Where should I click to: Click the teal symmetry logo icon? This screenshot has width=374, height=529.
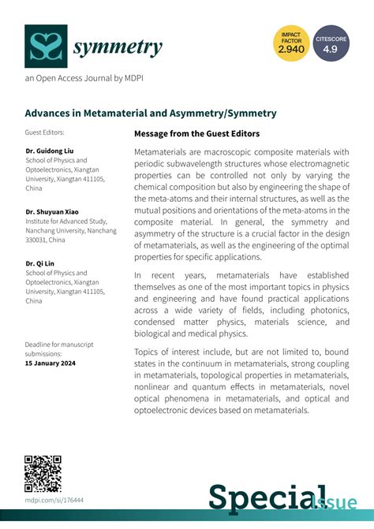45,46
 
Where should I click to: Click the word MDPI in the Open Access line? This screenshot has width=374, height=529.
132,79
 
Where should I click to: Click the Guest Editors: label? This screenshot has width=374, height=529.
44,132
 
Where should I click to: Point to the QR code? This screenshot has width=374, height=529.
43,473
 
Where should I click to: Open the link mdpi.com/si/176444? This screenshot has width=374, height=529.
54,500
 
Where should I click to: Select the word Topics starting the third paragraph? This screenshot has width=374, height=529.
151,351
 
